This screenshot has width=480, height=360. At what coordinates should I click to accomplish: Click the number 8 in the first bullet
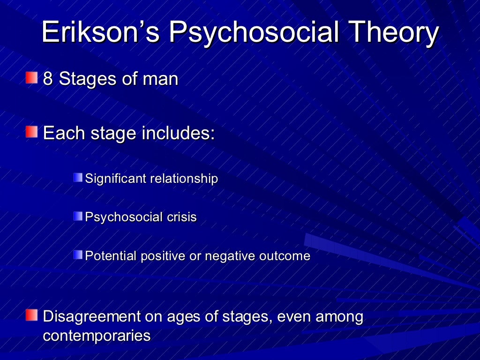click(x=47, y=79)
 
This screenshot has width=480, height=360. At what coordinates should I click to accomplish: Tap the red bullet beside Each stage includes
click(x=31, y=132)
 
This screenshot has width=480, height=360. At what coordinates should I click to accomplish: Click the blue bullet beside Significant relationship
click(x=78, y=178)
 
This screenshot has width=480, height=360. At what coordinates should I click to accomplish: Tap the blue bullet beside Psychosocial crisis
click(x=78, y=217)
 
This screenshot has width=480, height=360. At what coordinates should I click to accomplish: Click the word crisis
click(x=181, y=217)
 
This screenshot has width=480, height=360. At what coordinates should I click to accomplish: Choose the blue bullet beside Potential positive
click(x=78, y=255)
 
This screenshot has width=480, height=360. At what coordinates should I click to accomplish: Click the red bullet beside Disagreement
click(x=31, y=315)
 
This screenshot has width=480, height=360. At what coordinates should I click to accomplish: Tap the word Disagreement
click(x=92, y=317)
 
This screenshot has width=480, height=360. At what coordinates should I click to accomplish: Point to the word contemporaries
click(x=97, y=336)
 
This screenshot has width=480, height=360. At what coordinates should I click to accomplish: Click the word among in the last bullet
click(x=339, y=317)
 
